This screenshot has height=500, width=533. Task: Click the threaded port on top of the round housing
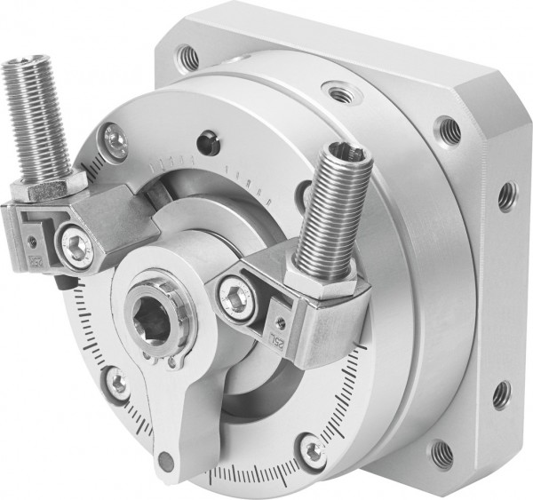[x=338, y=89]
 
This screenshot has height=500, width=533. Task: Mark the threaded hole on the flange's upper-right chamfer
[x=441, y=124]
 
